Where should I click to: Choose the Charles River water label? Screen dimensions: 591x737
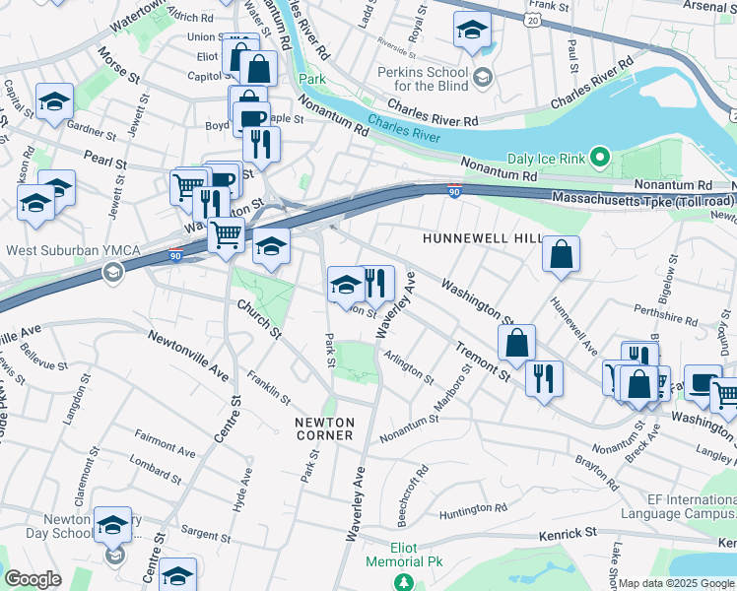pyautogui.click(x=404, y=129)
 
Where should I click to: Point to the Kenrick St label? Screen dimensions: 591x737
pyautogui.click(x=569, y=534)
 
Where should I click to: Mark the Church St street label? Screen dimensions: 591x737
pyautogui.click(x=259, y=322)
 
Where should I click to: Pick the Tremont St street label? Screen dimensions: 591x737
pyautogui.click(x=482, y=361)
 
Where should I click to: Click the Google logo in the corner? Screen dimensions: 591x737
pyautogui.click(x=33, y=579)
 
